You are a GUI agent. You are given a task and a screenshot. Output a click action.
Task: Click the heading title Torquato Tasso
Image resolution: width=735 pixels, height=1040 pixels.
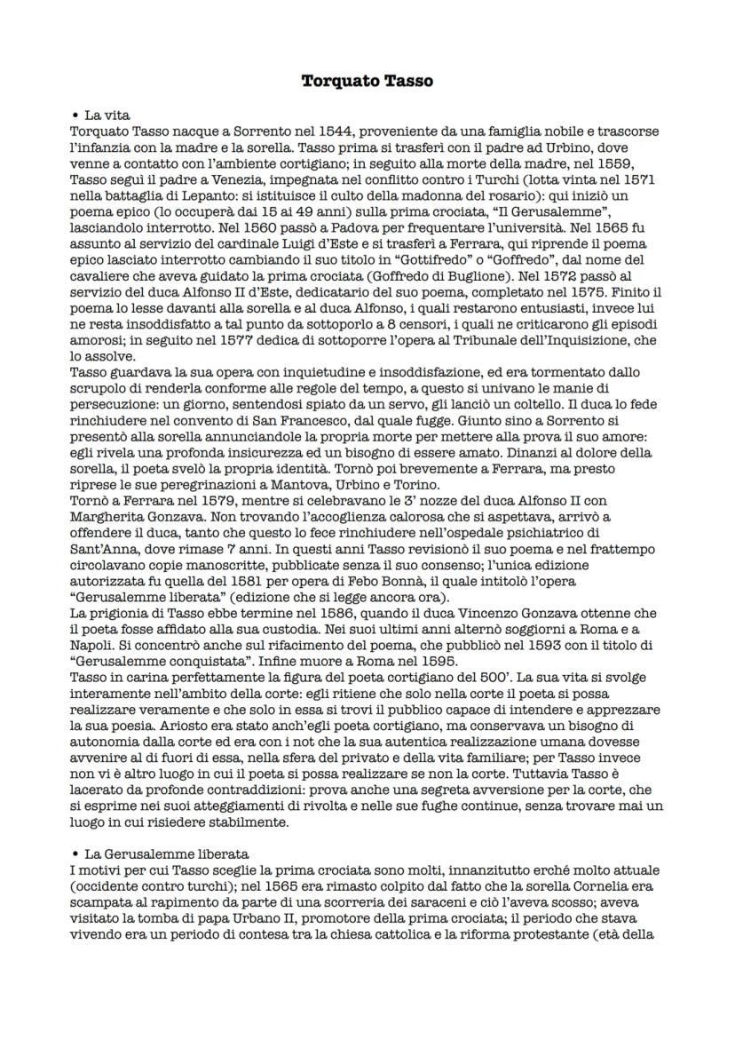[x=367, y=81]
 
